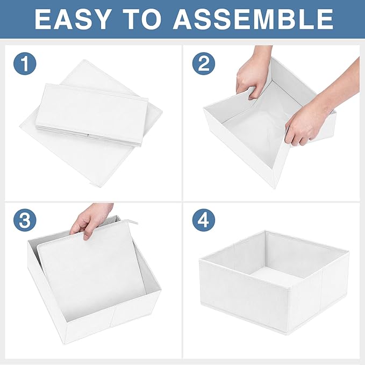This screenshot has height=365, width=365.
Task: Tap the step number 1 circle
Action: [24, 65]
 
